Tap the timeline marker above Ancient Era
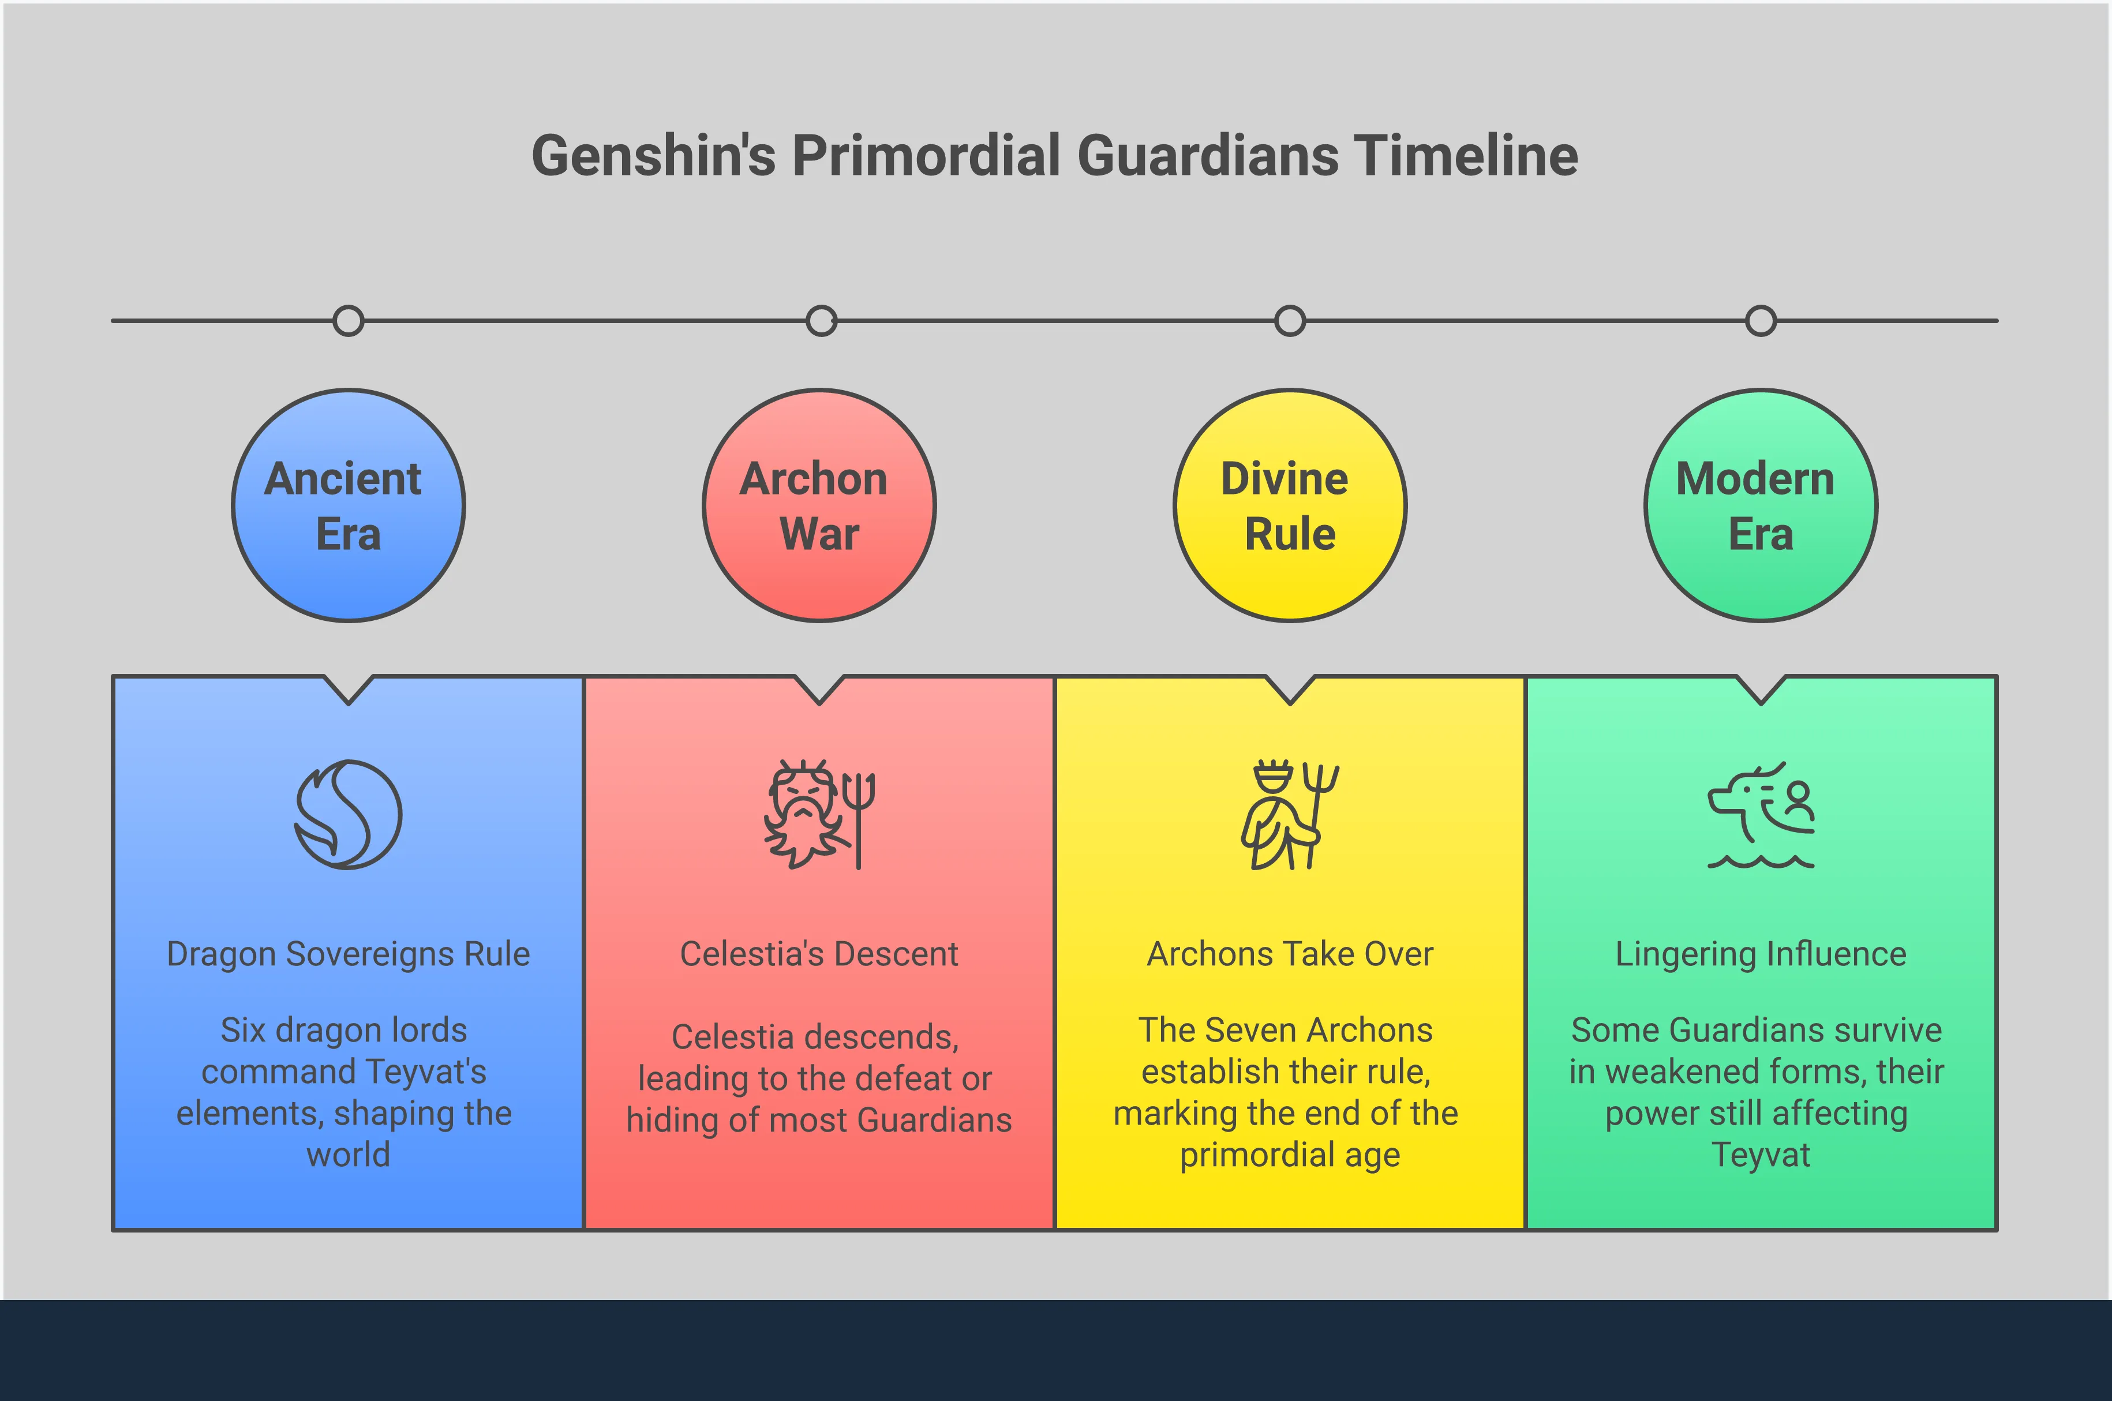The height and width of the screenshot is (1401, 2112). click(349, 321)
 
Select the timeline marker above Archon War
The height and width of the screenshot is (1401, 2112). click(821, 321)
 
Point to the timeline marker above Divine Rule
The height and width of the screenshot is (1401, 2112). click(1290, 321)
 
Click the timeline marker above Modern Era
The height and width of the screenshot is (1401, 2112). click(1761, 321)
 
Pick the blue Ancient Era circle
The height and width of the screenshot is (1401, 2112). click(349, 505)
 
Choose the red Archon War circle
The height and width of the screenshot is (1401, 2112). click(819, 505)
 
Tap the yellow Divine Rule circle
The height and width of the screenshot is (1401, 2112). click(1290, 505)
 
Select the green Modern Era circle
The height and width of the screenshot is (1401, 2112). click(1761, 505)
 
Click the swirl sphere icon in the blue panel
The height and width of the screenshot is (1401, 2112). click(349, 814)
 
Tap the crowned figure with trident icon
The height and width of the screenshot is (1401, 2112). click(1290, 814)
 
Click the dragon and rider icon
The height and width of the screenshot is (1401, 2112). click(1761, 814)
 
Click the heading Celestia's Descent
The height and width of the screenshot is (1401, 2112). click(819, 953)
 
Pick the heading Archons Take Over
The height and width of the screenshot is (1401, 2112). click(1290, 953)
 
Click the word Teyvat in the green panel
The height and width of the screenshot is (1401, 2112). click(1761, 1155)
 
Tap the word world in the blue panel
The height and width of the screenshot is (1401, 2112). click(349, 1155)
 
